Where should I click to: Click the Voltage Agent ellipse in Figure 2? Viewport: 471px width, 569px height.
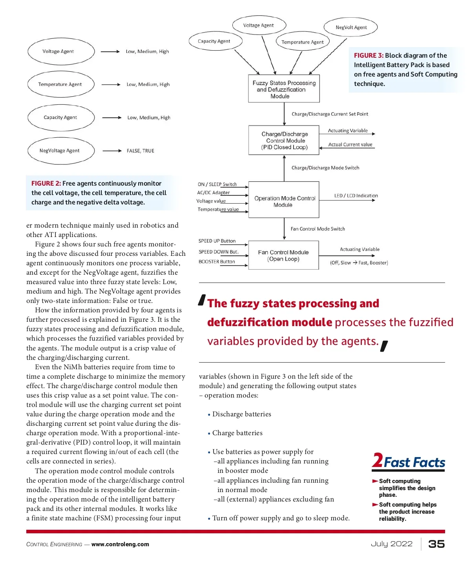pos(61,51)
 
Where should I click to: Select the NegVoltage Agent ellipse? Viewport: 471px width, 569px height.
pos(61,151)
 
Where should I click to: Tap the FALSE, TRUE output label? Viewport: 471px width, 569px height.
pos(141,151)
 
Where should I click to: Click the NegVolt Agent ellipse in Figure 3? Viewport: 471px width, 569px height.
pos(351,27)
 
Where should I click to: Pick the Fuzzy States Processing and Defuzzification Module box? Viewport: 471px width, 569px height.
pos(284,89)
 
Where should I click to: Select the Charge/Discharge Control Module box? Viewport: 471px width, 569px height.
pos(284,140)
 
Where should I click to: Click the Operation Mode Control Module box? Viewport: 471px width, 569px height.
pos(284,200)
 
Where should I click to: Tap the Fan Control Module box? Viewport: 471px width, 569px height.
pos(283,255)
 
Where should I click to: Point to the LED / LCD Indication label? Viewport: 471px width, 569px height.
pos(356,195)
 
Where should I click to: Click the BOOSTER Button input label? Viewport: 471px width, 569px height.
pos(217,262)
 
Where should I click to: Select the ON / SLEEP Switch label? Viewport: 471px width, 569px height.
pos(217,184)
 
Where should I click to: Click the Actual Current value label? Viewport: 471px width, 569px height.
pos(350,144)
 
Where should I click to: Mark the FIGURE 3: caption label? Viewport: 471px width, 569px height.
pos(369,56)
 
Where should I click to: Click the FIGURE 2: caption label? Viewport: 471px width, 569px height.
pos(46,183)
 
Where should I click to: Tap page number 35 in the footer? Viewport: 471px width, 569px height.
pos(436,544)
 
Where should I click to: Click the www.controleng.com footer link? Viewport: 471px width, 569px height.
pos(120,544)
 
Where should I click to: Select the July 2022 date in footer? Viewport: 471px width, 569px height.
pos(392,544)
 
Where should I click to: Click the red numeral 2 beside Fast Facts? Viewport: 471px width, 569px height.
pos(378,460)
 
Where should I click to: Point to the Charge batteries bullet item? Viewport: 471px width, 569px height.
pos(237,433)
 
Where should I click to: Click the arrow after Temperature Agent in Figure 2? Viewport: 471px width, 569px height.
pos(111,84)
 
